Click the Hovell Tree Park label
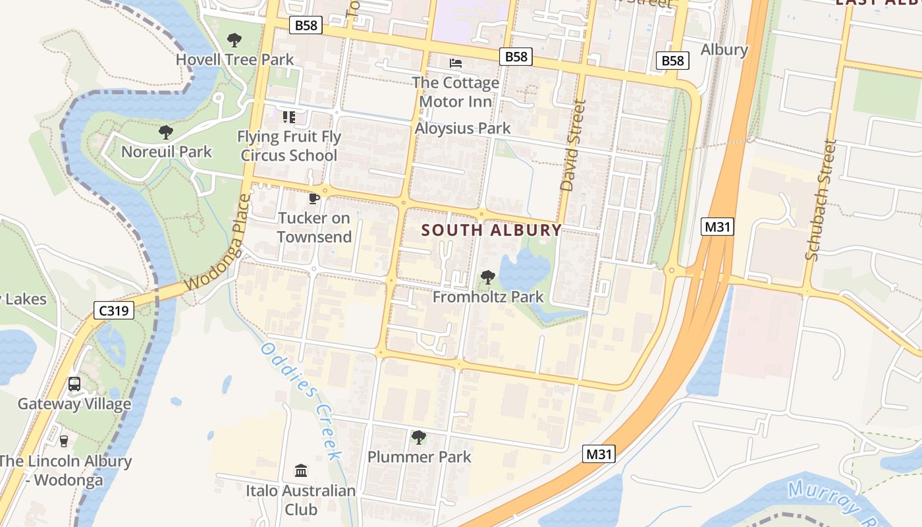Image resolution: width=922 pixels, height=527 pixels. (x=234, y=59)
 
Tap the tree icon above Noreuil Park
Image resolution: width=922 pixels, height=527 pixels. (x=166, y=132)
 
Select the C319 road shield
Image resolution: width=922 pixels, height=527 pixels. (x=114, y=310)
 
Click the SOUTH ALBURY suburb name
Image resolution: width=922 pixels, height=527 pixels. (x=491, y=231)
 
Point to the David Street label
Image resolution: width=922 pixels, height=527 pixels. (x=572, y=146)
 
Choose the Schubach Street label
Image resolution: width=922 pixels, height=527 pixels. (x=821, y=200)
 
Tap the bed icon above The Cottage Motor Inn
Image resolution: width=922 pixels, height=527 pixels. (x=455, y=63)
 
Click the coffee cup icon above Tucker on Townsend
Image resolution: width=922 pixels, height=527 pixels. (x=314, y=198)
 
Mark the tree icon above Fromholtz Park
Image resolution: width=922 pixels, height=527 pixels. (x=487, y=277)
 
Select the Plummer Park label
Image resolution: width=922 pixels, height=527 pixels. (x=419, y=457)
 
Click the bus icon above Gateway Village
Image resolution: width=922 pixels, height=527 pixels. (x=74, y=384)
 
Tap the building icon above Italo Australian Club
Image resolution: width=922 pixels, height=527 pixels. (x=301, y=470)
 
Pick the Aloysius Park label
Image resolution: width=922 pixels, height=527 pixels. (x=462, y=128)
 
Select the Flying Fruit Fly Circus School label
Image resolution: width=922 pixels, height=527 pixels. (x=289, y=146)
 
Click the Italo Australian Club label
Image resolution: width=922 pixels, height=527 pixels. (x=300, y=500)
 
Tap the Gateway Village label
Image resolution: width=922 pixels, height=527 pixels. (x=74, y=404)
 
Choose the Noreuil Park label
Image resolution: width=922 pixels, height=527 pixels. (x=167, y=152)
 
